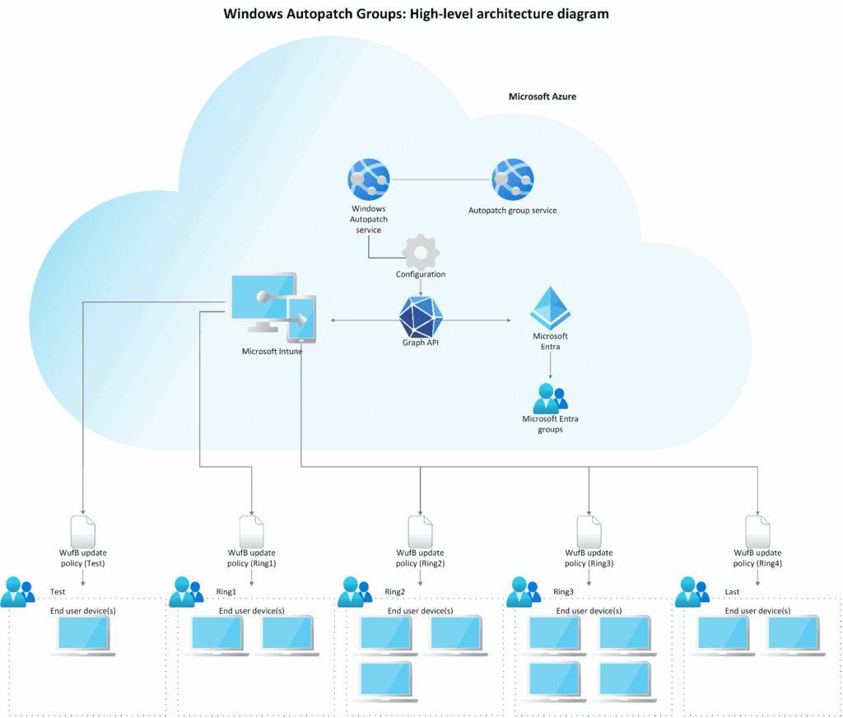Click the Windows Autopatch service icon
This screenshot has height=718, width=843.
(x=369, y=180)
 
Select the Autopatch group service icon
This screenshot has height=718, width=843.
(x=512, y=180)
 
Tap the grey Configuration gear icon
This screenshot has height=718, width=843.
(x=421, y=250)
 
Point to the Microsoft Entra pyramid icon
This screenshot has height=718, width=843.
(x=550, y=309)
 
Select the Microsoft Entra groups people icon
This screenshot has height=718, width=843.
(x=549, y=399)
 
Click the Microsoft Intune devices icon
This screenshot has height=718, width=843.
(x=272, y=308)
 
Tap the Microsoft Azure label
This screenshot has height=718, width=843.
(x=542, y=96)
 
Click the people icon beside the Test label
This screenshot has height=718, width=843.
(x=18, y=592)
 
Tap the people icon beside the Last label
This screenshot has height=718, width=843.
(x=692, y=592)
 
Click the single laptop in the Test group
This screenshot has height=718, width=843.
(x=83, y=635)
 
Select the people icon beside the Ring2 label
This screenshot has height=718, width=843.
(x=356, y=592)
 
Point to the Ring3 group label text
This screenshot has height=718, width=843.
(x=563, y=592)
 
